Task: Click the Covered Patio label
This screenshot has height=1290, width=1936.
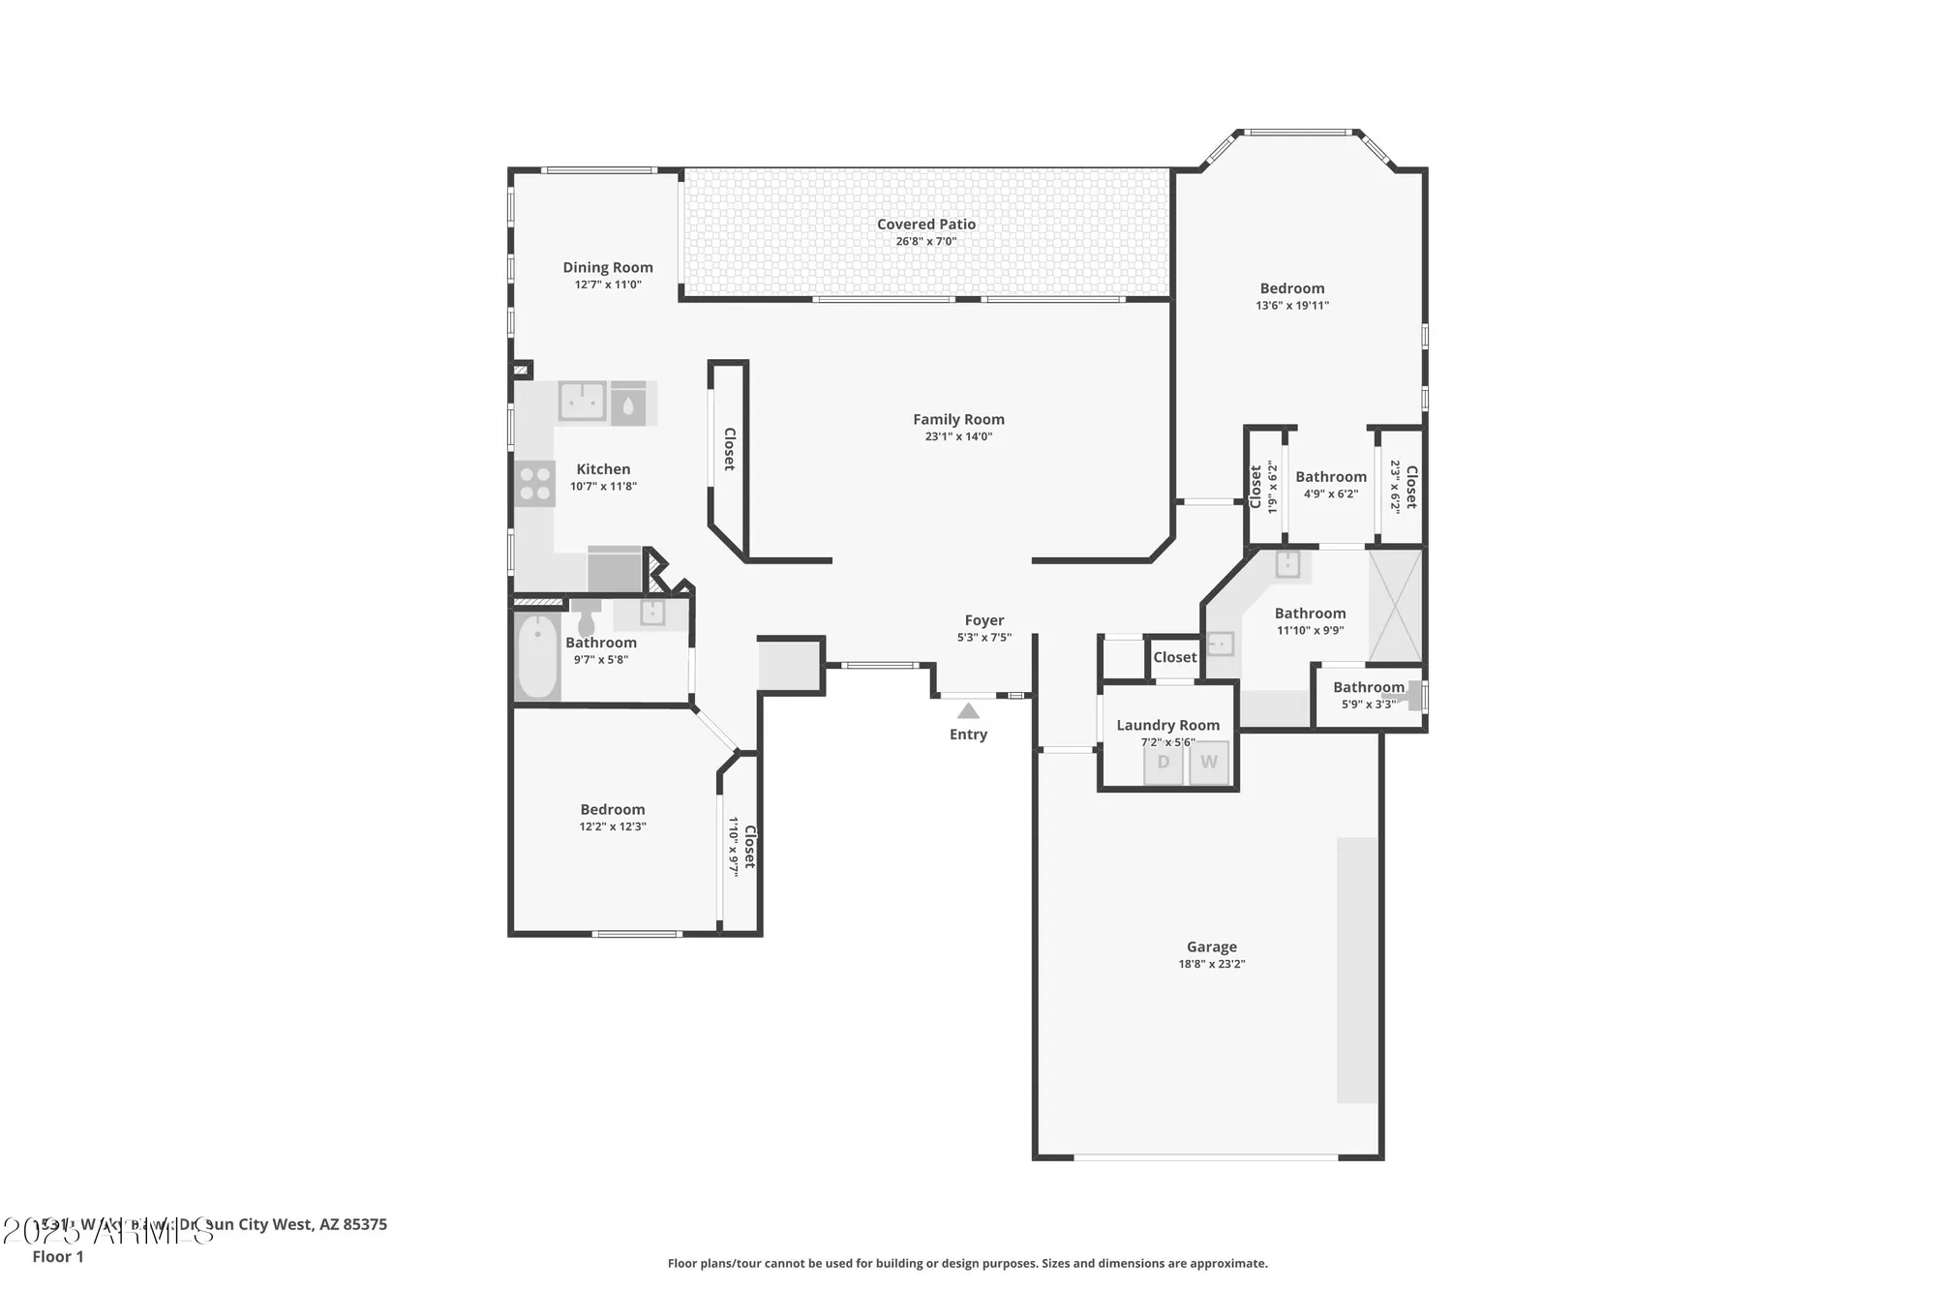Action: click(x=925, y=225)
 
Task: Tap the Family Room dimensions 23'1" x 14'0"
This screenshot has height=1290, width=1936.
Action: click(x=958, y=436)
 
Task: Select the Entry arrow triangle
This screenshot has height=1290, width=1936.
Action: click(x=968, y=711)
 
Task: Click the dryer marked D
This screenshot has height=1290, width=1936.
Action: click(x=1164, y=763)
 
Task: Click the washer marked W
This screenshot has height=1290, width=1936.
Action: click(x=1209, y=763)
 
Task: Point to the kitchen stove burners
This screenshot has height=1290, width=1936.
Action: click(x=534, y=484)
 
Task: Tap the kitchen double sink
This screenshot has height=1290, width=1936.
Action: click(x=582, y=402)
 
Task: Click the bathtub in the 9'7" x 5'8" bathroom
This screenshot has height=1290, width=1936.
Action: click(x=537, y=656)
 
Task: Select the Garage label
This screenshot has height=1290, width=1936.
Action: click(x=1211, y=947)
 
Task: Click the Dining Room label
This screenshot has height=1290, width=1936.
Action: click(x=608, y=268)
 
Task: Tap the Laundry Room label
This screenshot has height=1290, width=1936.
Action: click(x=1167, y=725)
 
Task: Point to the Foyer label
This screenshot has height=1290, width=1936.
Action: click(x=983, y=620)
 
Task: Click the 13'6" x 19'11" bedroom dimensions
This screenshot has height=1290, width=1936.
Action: click(x=1292, y=306)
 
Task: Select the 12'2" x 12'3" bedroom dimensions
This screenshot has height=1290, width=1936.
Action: click(x=613, y=826)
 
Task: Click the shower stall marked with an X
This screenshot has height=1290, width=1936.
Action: click(x=1395, y=606)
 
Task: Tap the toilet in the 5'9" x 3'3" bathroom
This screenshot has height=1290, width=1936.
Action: click(x=1414, y=695)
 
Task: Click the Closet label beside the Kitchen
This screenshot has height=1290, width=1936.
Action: click(x=729, y=449)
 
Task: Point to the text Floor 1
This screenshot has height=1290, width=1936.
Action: click(x=58, y=1256)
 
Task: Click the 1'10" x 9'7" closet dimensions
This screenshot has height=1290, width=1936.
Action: click(x=734, y=847)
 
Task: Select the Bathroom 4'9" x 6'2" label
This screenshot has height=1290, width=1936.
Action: click(x=1331, y=477)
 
